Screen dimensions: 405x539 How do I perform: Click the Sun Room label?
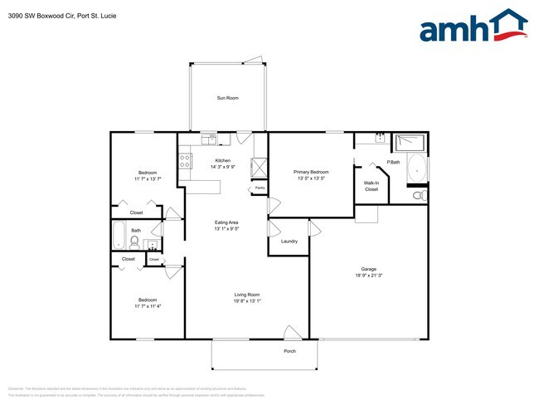228,98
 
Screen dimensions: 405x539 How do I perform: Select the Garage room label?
368,268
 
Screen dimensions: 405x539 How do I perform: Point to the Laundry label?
289,242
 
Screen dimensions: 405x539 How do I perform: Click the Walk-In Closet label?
371,186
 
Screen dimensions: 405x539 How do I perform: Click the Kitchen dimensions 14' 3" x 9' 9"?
222,167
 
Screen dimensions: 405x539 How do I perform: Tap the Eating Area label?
227,222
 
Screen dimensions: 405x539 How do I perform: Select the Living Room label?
247,295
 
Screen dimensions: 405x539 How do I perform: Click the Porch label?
289,351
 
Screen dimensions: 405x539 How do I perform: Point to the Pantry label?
260,188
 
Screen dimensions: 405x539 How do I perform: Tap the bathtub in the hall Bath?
118,236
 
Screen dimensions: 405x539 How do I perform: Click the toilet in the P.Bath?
420,196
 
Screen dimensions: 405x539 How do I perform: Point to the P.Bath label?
394,162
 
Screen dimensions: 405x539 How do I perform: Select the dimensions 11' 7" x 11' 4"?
148,306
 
